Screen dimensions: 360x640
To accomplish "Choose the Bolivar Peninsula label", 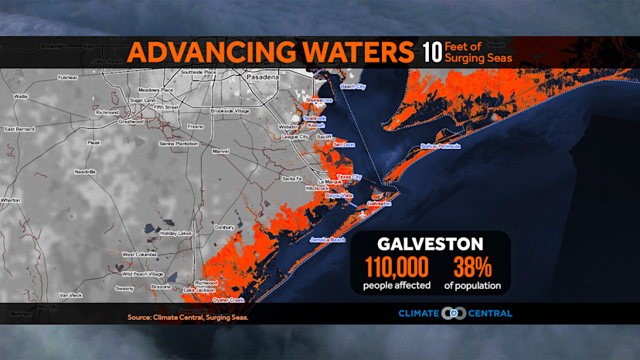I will coord(441,146).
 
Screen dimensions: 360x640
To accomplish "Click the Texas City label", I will coord(350,177).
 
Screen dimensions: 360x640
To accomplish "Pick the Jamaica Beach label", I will coord(328,240).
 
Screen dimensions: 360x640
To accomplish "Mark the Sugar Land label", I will coord(143,100).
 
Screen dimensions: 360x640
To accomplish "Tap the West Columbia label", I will coord(140,254).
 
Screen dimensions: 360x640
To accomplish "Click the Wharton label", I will coord(10,200).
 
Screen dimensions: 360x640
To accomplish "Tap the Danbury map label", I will coord(224,227).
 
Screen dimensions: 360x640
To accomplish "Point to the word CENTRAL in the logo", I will coord(488,314).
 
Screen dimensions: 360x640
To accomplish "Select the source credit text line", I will coord(189,317).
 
